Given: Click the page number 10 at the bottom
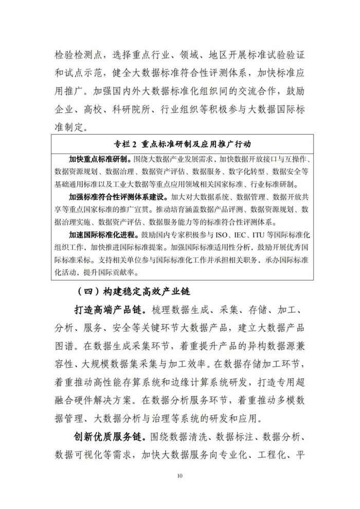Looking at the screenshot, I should tap(179, 476).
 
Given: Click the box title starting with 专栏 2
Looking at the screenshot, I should tap(179, 142).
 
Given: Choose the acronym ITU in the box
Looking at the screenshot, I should tap(276, 234).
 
